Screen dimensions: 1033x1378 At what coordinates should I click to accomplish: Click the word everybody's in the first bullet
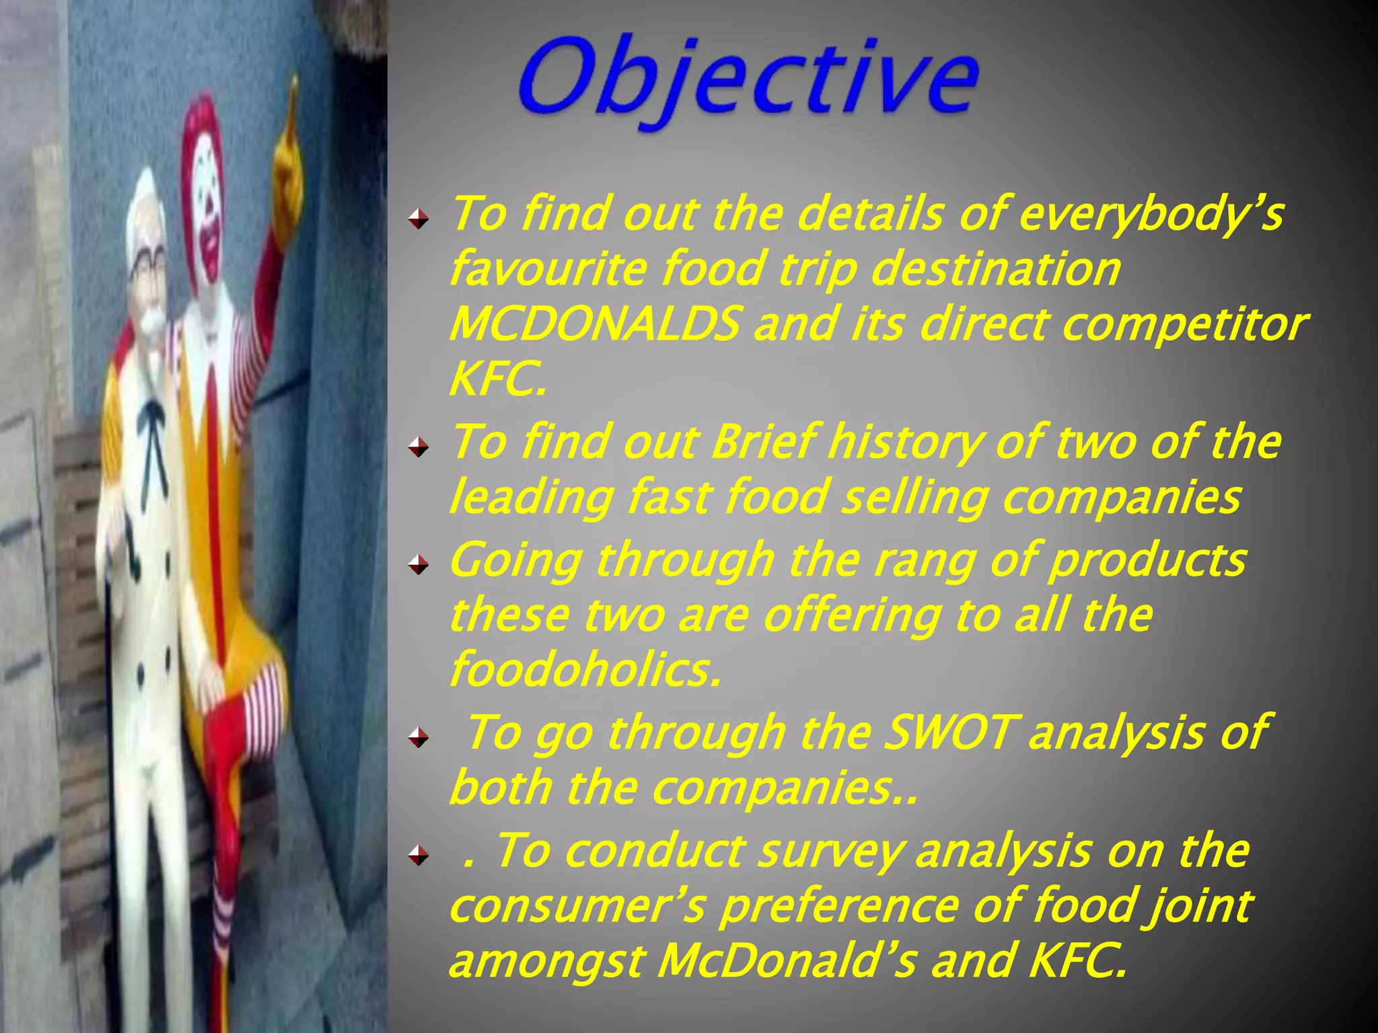pos(1151,214)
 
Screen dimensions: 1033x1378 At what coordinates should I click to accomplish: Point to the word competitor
pos(1184,324)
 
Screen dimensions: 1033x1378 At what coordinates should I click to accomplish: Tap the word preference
pos(838,907)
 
